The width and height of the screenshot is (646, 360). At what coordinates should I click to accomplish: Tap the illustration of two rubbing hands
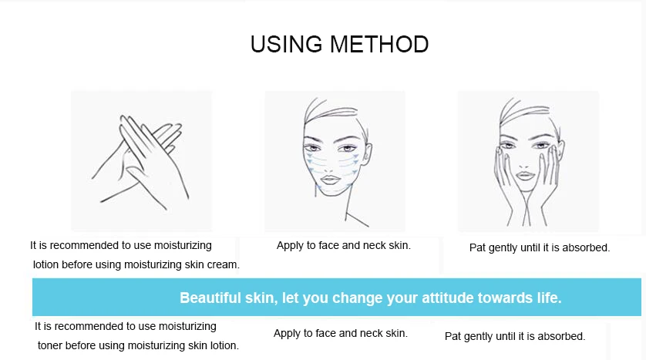tap(141, 160)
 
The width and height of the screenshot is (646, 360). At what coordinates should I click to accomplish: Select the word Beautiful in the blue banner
tap(211, 298)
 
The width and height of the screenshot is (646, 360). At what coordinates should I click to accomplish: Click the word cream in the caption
tap(224, 264)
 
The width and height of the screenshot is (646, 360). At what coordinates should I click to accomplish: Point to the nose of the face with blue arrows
tap(334, 162)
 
